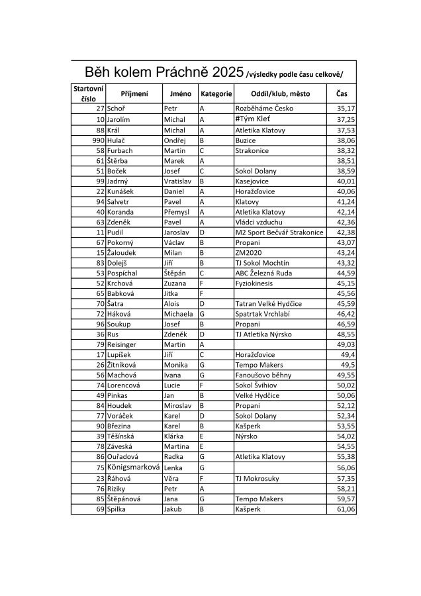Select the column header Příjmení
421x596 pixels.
[134, 94]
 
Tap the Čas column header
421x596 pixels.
[342, 94]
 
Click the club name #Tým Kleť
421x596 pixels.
[252, 119]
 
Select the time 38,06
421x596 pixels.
[346, 140]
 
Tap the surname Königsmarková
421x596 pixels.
[134, 466]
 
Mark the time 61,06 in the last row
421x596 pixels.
[346, 509]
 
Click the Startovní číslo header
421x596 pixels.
[88, 93]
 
